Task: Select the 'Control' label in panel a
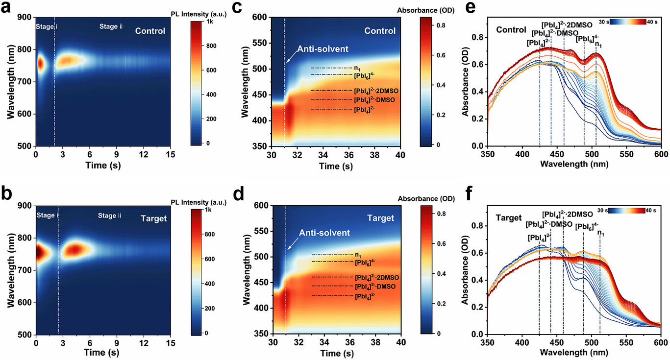coord(150,31)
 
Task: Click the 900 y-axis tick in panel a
coord(25,17)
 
